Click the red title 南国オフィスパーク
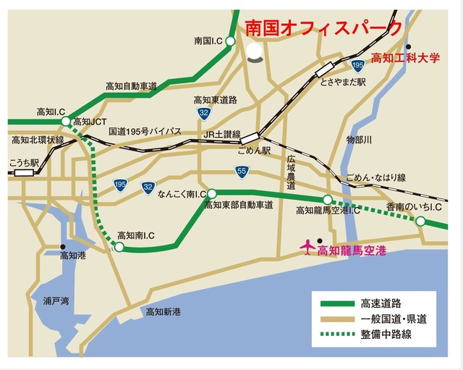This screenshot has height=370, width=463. pos(323,28)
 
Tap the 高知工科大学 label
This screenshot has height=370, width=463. pos(405,57)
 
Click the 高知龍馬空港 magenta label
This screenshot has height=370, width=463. pos(352,251)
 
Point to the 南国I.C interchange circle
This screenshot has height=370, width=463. pos(229,42)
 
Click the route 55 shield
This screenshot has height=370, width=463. pos(241,171)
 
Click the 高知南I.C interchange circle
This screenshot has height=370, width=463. pos(119,248)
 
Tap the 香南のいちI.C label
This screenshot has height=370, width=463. pos(414,207)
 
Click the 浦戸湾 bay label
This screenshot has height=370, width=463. pos(56,300)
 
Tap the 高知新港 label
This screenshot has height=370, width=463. pos(163,312)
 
